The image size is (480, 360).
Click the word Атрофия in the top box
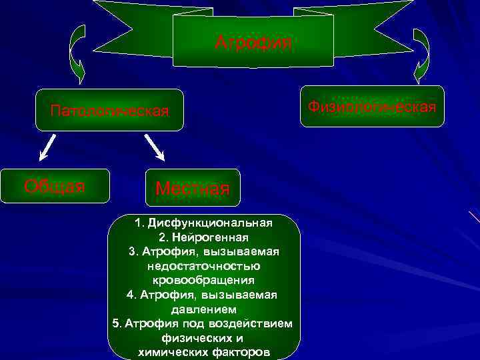tap(253, 43)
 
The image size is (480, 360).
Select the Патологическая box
tap(109, 110)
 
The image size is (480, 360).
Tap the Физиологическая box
tap(372, 107)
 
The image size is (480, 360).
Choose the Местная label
tap(192, 189)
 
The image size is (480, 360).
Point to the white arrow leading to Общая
tap(47, 149)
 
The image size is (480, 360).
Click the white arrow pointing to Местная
tap(154, 148)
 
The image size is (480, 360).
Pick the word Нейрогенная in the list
tap(212, 237)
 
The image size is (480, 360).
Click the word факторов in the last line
tap(237, 353)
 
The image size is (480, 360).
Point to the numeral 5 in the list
tap(117, 324)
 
